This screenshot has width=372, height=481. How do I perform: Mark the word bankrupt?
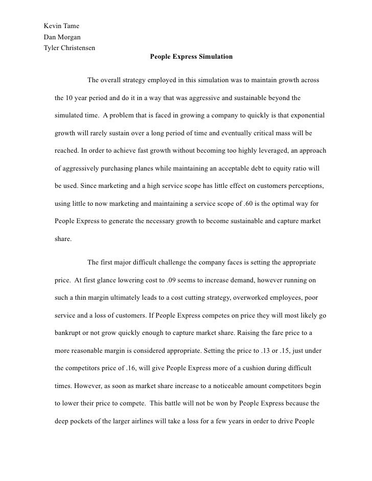pos(72,333)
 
